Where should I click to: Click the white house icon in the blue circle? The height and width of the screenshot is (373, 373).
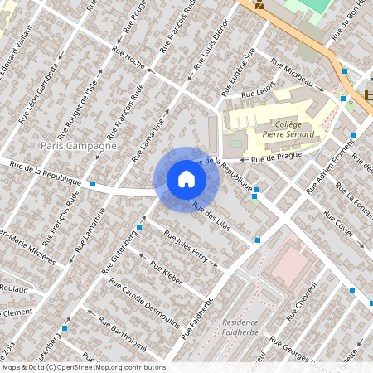186,179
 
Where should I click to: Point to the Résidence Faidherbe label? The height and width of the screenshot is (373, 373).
240,328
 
